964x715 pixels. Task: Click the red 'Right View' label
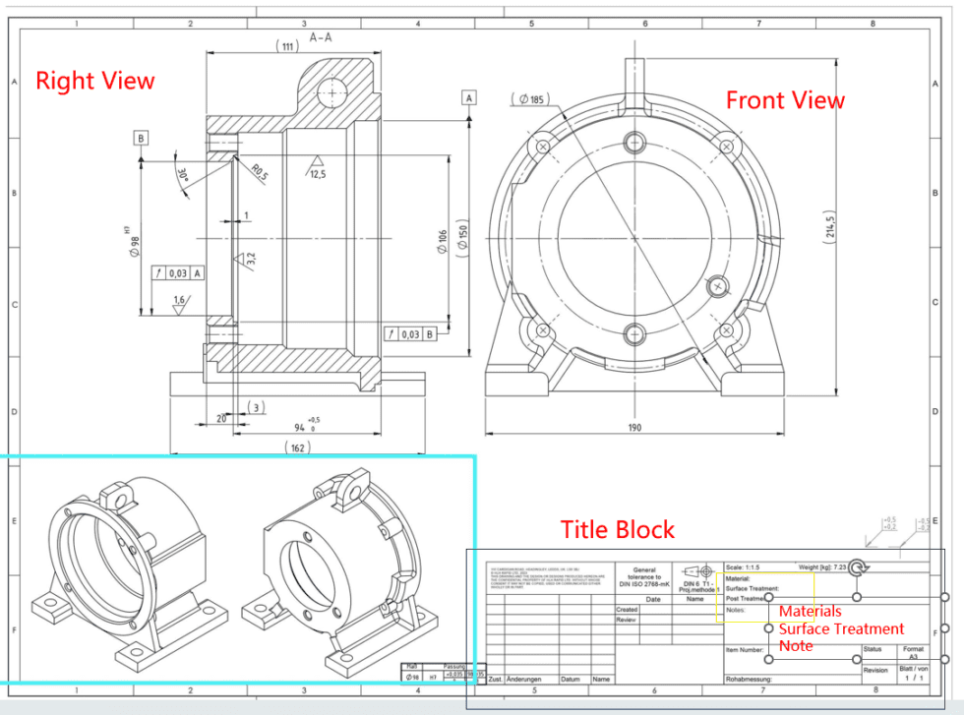[x=95, y=81]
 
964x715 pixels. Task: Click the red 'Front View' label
[x=785, y=100]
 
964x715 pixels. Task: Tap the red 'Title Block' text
[x=618, y=530]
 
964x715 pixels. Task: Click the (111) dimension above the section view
[x=287, y=46]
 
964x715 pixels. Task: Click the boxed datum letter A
[x=469, y=97]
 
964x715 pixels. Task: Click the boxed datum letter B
[x=142, y=139]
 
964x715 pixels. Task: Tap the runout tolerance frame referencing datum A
[x=178, y=272]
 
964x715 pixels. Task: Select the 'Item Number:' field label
[x=745, y=650]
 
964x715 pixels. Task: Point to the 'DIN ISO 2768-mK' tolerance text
[x=644, y=584]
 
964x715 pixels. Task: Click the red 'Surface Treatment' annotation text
[x=841, y=628]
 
